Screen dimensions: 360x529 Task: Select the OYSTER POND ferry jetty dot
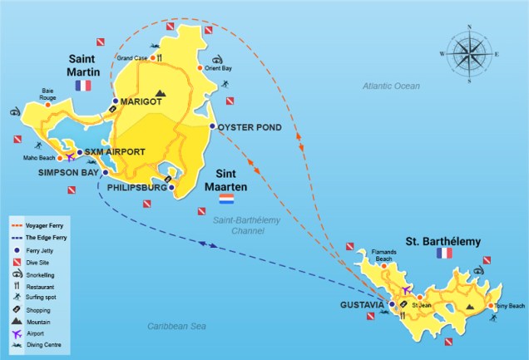pos(212,126)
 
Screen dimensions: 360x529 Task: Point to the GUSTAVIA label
pos(362,305)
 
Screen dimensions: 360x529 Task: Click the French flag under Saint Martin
pos(83,86)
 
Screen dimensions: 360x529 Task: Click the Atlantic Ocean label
pos(391,86)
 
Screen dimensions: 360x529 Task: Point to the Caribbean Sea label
pos(176,326)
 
